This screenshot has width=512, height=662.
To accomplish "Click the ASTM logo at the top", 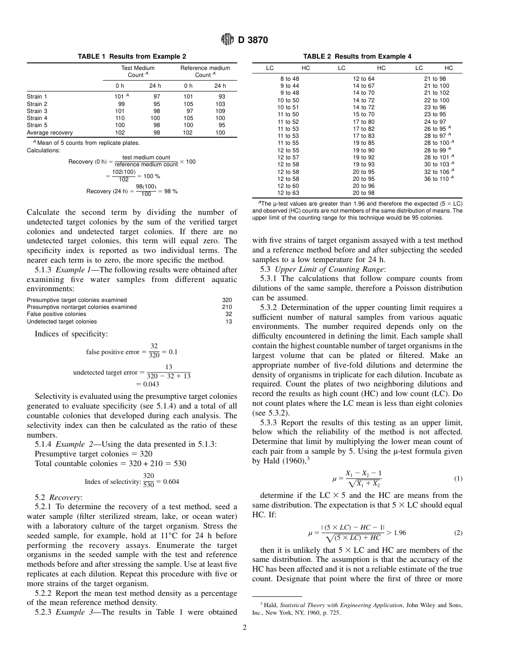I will (x=227, y=40).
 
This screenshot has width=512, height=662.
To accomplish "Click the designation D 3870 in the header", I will (x=253, y=40).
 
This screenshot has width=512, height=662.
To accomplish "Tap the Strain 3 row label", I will (x=37, y=111).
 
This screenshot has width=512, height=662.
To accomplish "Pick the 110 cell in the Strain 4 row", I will (x=119, y=118).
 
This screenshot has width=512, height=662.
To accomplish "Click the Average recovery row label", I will (x=50, y=132).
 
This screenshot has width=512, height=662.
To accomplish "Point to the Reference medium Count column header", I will (x=205, y=72).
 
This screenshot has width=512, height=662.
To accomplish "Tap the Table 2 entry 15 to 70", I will (x=363, y=114).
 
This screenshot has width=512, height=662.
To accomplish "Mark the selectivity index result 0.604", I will (x=171, y=482).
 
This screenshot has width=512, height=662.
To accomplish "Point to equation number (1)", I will (x=458, y=478).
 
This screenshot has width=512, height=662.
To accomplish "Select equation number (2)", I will (x=458, y=533).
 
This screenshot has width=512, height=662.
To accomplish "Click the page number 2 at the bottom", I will (x=244, y=626).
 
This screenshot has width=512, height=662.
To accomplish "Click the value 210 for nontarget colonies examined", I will (x=227, y=307).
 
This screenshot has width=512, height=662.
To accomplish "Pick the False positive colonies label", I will (x=56, y=314).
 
